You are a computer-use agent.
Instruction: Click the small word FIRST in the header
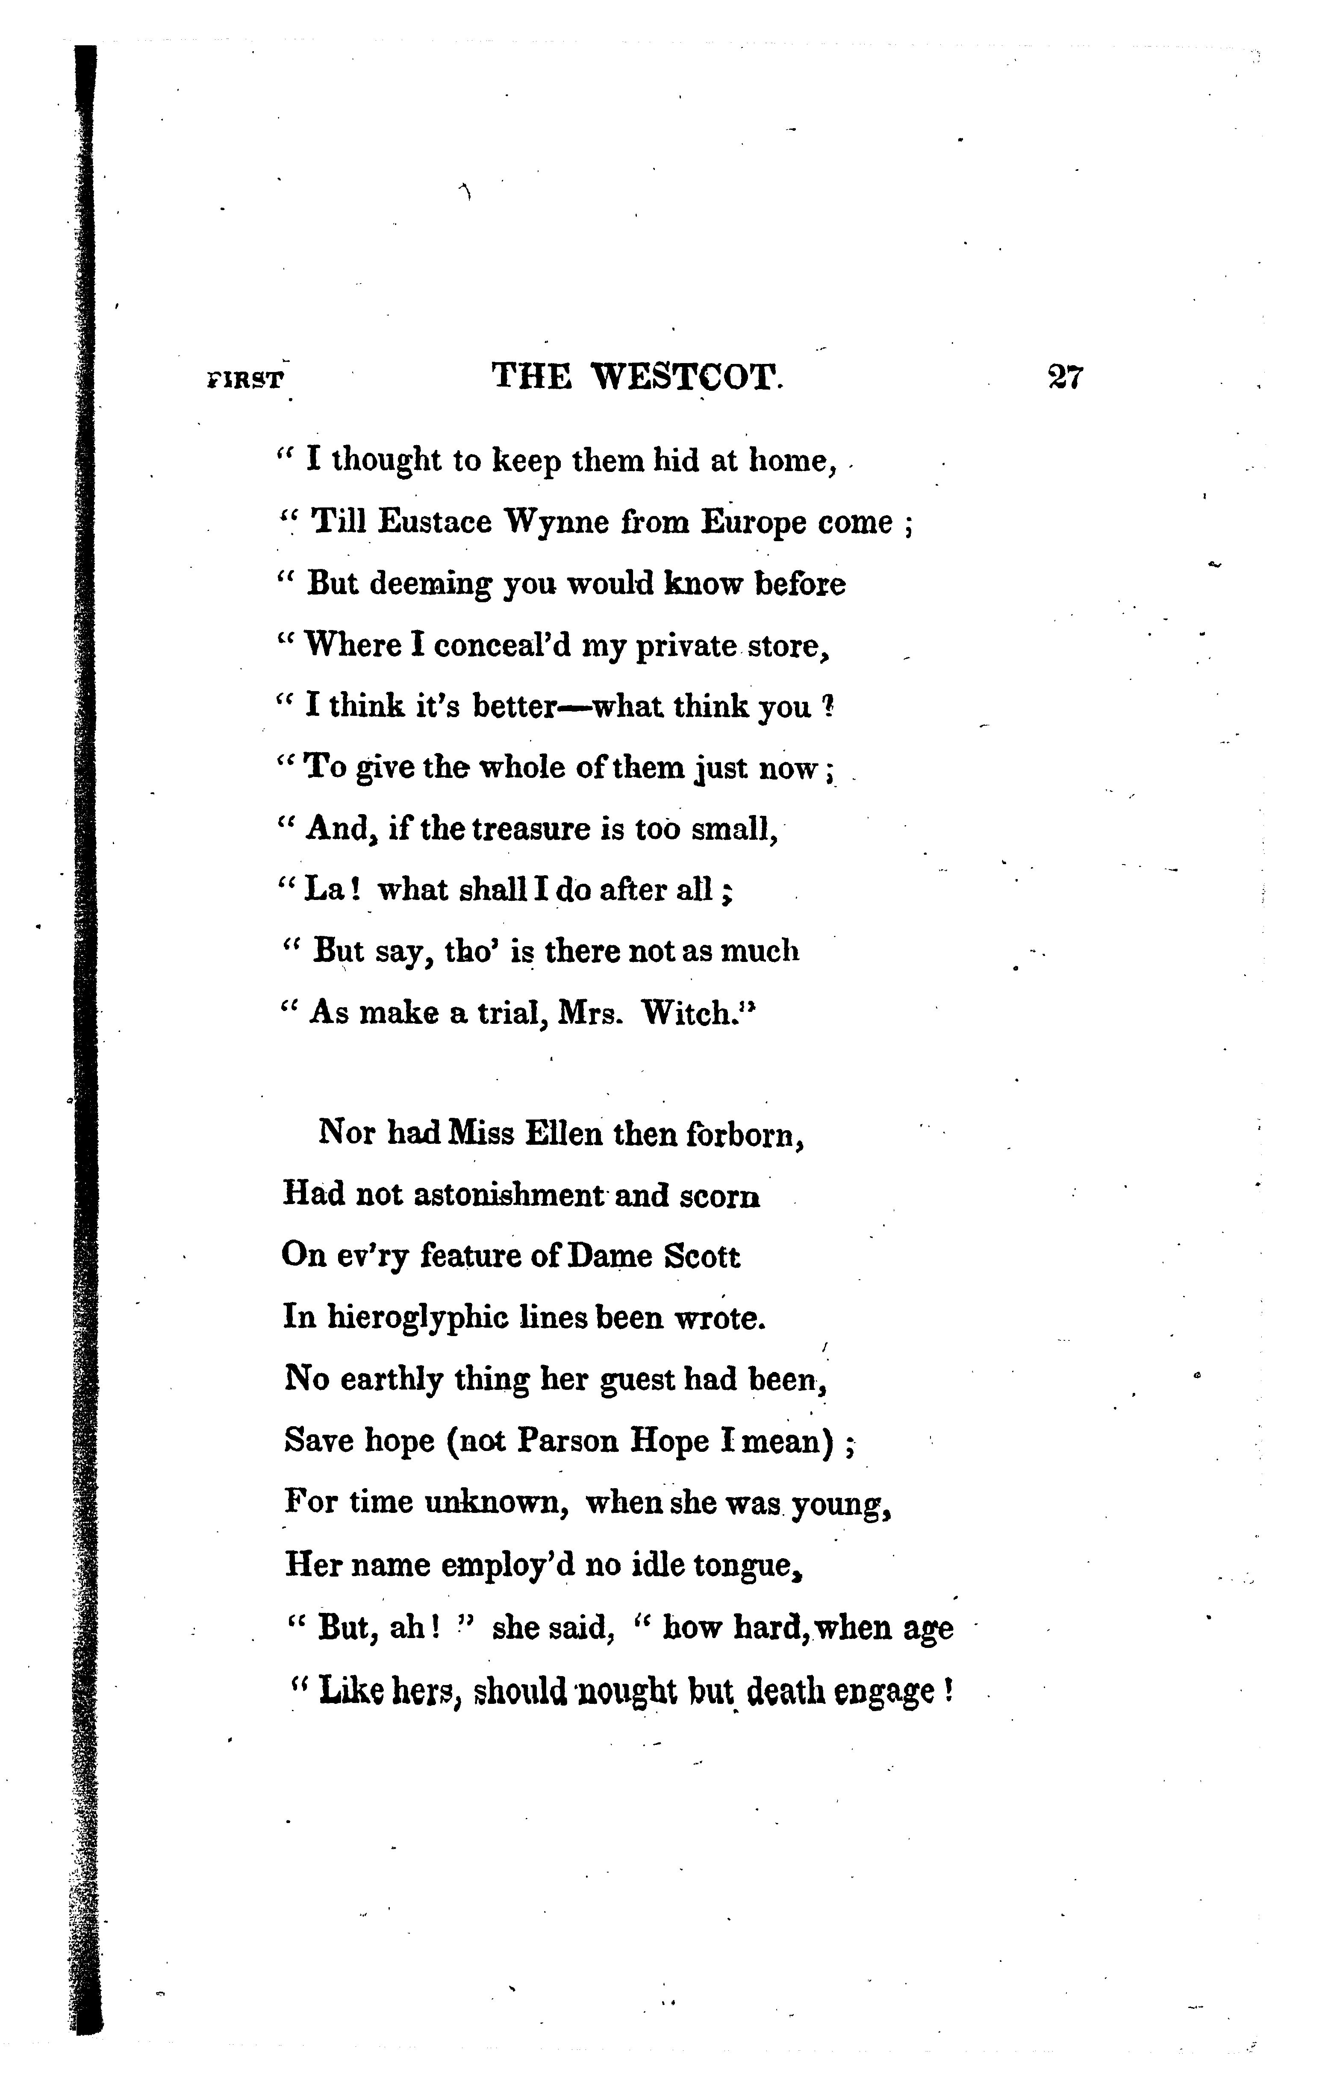[x=245, y=381]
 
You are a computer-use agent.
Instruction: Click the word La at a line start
[x=324, y=890]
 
